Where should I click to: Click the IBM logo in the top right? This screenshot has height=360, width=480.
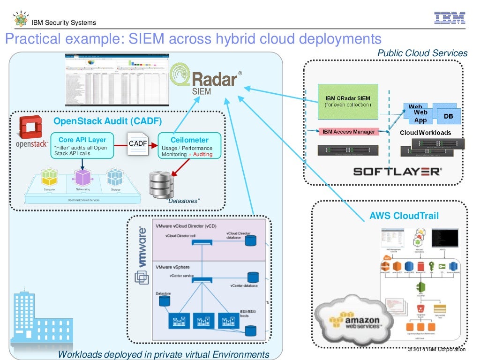(x=449, y=18)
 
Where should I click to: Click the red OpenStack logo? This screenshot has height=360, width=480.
(x=30, y=128)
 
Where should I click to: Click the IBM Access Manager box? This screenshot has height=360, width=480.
(x=349, y=132)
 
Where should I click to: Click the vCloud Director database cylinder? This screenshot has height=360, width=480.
(x=251, y=241)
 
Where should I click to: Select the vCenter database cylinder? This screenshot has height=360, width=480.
(x=253, y=277)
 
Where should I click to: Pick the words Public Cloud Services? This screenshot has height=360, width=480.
(x=422, y=53)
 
